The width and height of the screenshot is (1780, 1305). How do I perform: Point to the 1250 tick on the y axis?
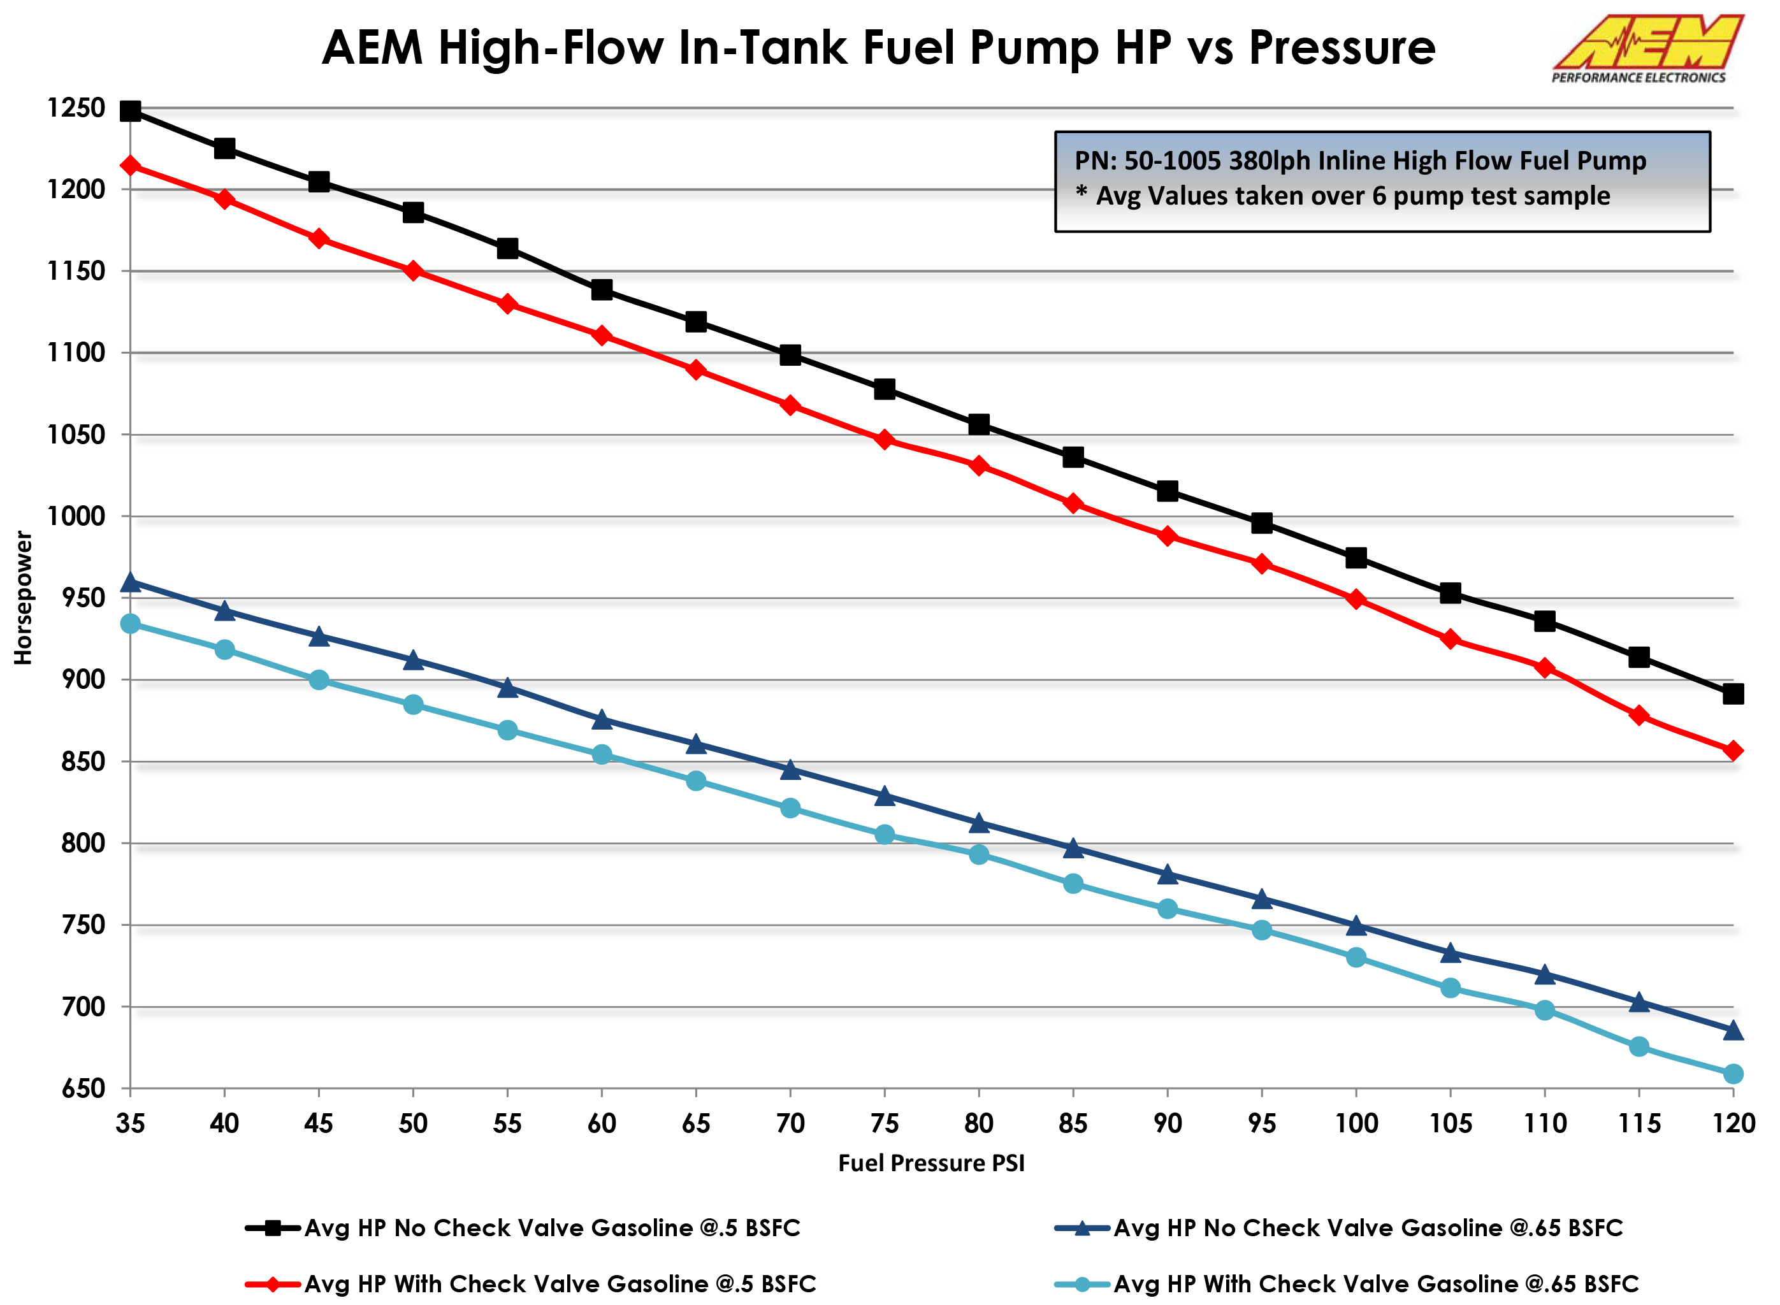[x=76, y=108]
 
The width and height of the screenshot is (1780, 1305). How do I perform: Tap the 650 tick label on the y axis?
[x=83, y=1088]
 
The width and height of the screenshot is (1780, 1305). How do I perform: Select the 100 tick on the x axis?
[x=1356, y=1123]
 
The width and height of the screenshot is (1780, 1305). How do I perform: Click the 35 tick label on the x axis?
[x=131, y=1123]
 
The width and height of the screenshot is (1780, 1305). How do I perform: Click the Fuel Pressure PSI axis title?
[x=930, y=1163]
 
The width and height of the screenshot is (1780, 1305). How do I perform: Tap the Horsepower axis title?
[x=24, y=598]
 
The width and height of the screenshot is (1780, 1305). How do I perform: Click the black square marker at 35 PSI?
[x=131, y=111]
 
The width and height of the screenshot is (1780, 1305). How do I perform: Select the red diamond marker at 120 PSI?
[x=1733, y=751]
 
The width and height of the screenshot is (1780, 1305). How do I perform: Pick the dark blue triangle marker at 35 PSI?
[x=131, y=583]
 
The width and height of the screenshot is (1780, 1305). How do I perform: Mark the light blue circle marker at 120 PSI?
[x=1733, y=1074]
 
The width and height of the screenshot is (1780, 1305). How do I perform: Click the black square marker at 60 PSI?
[x=601, y=290]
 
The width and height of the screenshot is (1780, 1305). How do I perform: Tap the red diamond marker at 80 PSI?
[x=979, y=465]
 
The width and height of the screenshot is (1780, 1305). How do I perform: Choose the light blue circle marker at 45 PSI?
[x=319, y=680]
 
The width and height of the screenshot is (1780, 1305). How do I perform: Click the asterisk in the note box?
[x=1082, y=192]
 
